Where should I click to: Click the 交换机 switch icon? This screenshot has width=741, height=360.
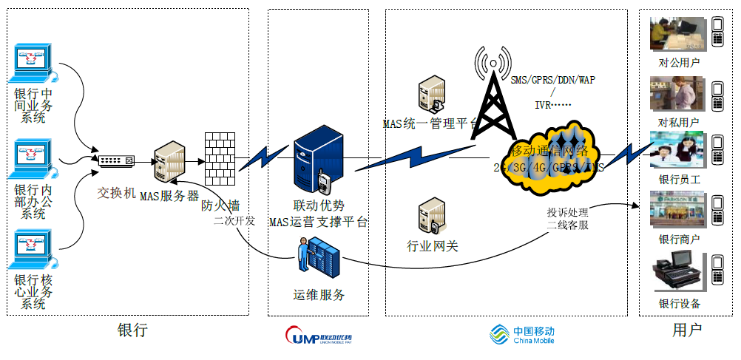[117, 160]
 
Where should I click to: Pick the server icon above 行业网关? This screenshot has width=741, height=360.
[431, 216]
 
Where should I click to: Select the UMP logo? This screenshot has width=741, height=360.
[318, 337]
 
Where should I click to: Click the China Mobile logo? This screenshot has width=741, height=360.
[521, 336]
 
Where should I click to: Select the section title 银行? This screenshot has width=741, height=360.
[133, 330]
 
